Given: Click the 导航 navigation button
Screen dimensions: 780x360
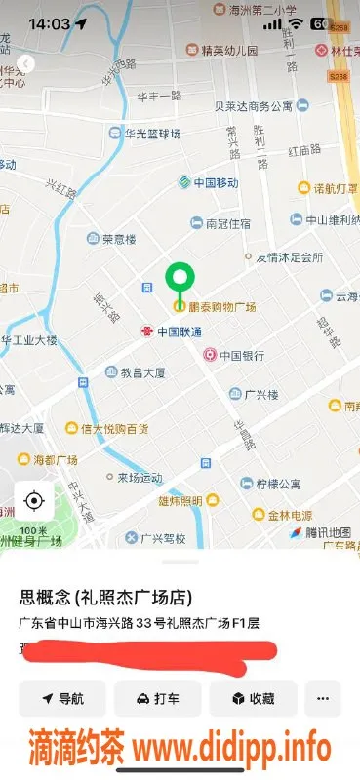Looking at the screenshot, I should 62,699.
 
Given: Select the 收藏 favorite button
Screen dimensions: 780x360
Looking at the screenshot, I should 253,699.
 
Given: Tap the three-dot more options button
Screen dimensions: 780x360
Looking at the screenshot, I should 323,699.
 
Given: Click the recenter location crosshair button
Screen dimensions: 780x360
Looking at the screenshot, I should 34,501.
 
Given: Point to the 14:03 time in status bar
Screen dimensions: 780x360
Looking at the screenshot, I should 50,23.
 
